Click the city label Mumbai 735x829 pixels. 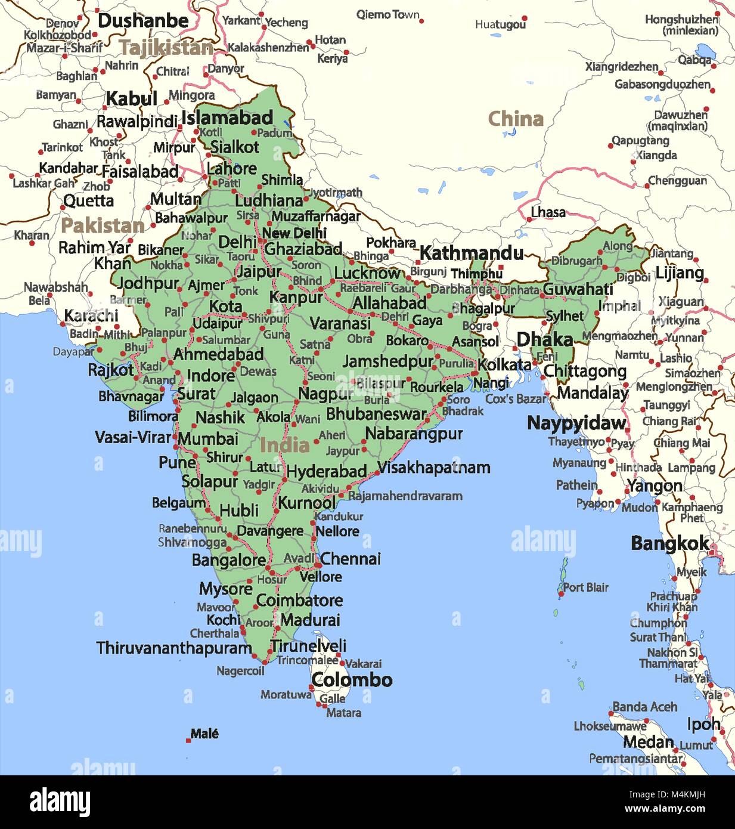208,439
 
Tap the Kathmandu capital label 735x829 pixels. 471,253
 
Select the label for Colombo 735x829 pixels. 352,680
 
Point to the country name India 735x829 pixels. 284,445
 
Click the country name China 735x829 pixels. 516,119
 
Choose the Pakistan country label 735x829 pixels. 103,226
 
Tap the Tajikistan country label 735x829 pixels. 166,48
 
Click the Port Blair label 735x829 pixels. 585,587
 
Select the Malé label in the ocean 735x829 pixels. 204,734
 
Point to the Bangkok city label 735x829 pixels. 670,543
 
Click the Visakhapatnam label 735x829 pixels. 434,468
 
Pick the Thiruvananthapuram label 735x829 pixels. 174,648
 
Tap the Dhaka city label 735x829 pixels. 544,340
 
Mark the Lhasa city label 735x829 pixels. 548,212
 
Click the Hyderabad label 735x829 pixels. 326,472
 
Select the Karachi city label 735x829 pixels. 91,315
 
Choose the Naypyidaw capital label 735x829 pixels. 576,423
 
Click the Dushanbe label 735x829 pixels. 143,21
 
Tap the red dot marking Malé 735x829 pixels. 188,740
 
